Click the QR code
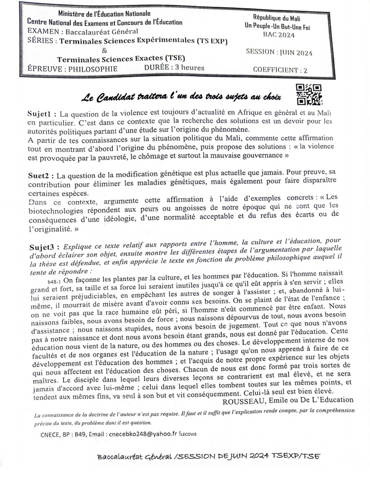308,94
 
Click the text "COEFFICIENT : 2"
280,70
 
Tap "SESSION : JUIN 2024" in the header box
279,52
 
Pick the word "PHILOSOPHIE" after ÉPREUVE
93,69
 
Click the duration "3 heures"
189,68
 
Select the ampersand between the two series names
105,50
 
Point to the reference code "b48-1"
54,281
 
